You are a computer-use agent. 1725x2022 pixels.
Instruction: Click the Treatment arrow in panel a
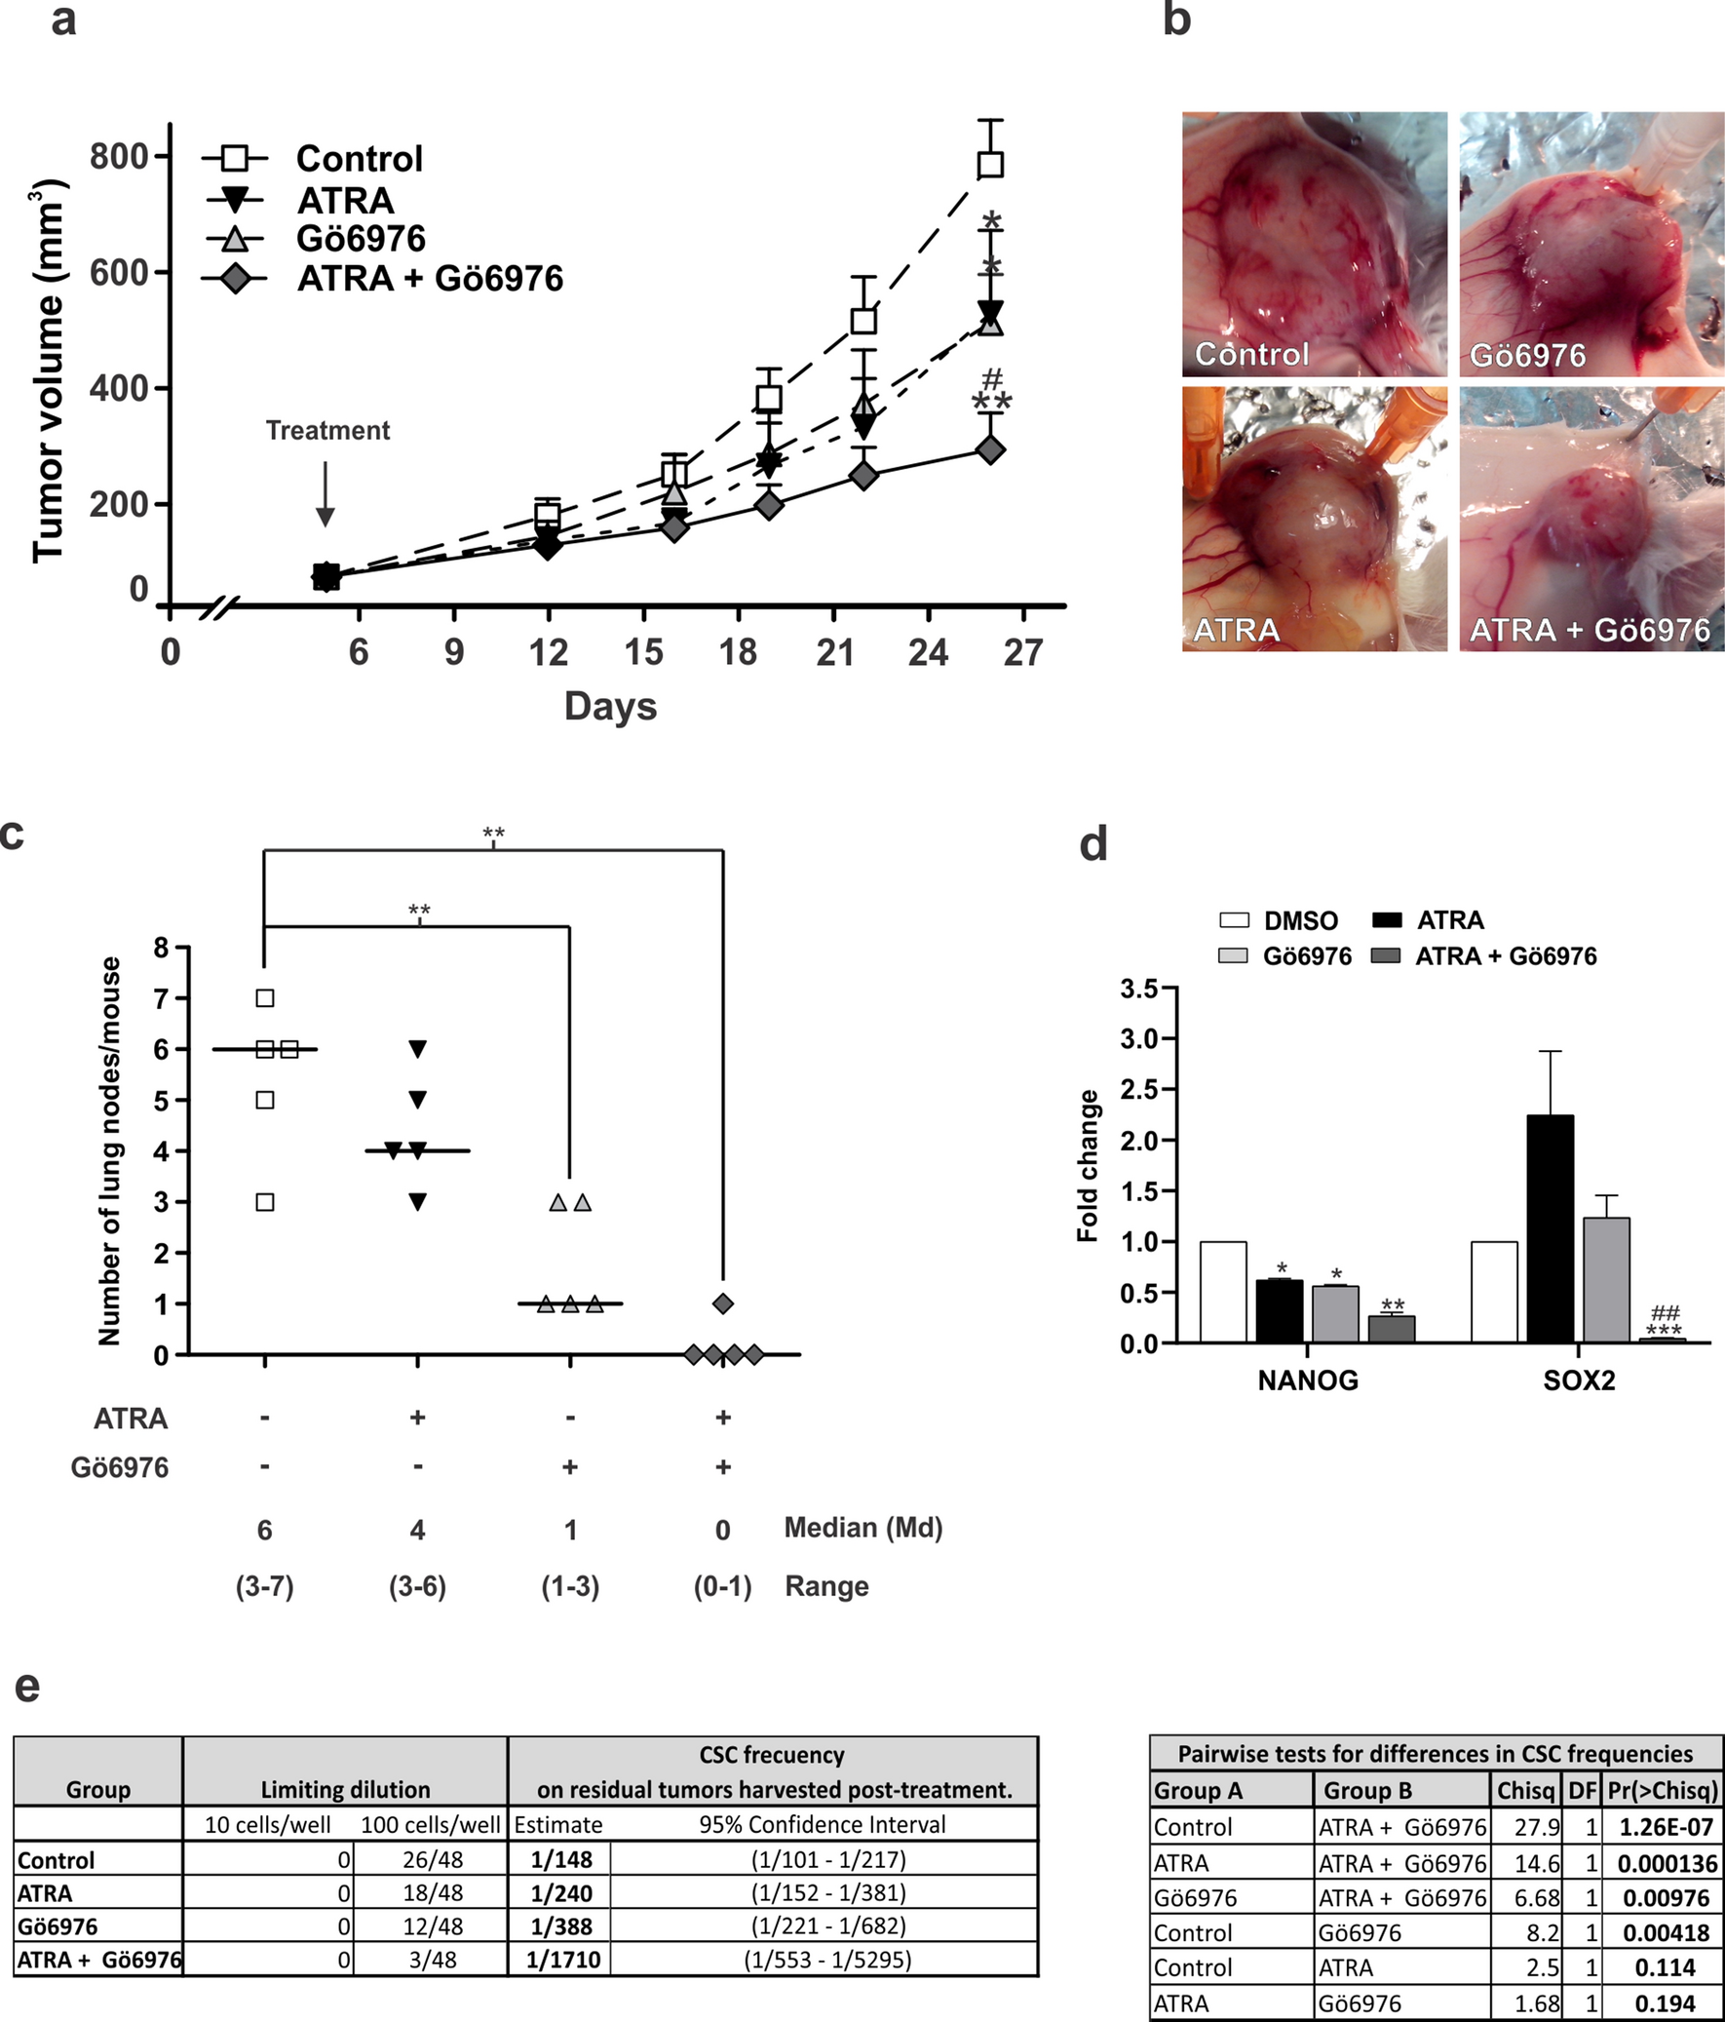pyautogui.click(x=325, y=493)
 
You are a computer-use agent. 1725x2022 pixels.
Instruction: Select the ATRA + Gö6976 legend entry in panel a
pyautogui.click(x=429, y=279)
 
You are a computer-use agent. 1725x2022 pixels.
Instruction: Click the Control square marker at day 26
pyautogui.click(x=990, y=163)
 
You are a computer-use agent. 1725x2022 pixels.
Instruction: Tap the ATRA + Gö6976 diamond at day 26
pyautogui.click(x=990, y=449)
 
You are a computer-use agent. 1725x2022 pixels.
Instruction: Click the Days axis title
pyautogui.click(x=610, y=707)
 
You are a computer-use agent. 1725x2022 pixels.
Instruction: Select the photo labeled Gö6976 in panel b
pyautogui.click(x=1591, y=244)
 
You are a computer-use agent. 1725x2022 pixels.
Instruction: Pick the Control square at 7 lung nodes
pyautogui.click(x=264, y=997)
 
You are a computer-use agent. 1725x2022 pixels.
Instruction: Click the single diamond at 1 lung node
pyautogui.click(x=723, y=1303)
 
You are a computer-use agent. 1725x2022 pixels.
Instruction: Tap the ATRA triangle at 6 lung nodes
pyautogui.click(x=417, y=1049)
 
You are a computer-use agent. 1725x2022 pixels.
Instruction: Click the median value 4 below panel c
pyautogui.click(x=417, y=1531)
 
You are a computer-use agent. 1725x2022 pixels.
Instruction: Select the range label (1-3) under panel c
pyautogui.click(x=571, y=1587)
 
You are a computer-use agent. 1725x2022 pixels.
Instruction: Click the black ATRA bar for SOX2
pyautogui.click(x=1550, y=1228)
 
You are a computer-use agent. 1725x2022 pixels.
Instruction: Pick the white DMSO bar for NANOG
pyautogui.click(x=1223, y=1292)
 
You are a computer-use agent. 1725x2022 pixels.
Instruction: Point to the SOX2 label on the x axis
pyautogui.click(x=1579, y=1380)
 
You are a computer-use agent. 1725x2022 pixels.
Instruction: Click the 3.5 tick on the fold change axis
pyautogui.click(x=1138, y=990)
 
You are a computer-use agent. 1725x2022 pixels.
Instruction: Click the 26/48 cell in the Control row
pyautogui.click(x=430, y=1860)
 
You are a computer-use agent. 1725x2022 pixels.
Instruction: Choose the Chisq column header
pyautogui.click(x=1525, y=1791)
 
